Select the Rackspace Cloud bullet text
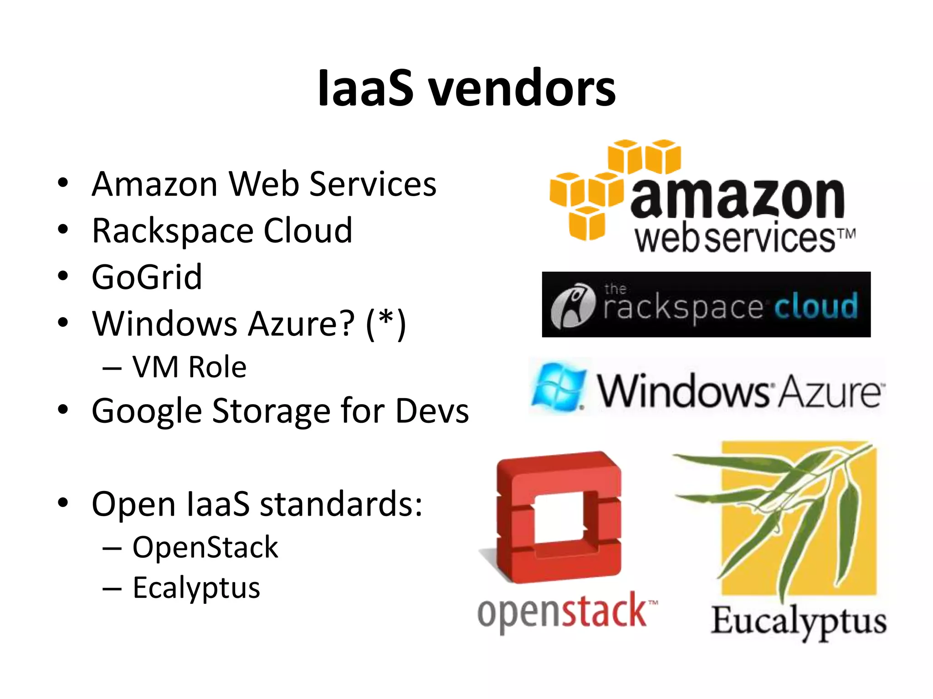tap(222, 231)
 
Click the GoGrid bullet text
tap(147, 277)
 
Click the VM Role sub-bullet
tap(189, 367)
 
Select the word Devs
tap(432, 411)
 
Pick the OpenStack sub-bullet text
tap(205, 547)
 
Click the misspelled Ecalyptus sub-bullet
tap(196, 588)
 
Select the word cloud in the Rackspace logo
tap(815, 306)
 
